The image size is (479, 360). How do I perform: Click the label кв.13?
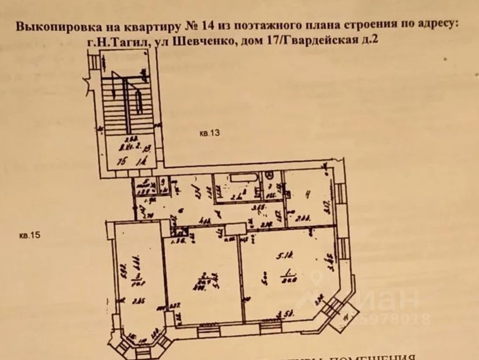click(209, 134)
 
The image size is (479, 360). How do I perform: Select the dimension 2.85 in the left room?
click(137, 299)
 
